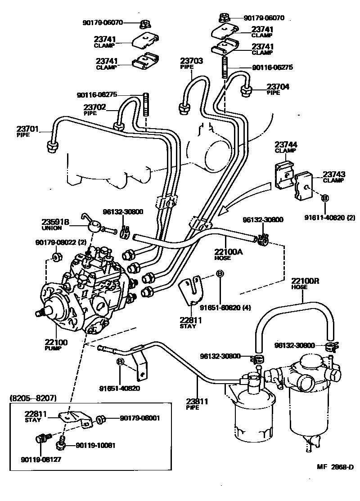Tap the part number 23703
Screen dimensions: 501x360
[192, 61]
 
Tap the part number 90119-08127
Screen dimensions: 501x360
[40, 459]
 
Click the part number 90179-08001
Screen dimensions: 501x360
[139, 418]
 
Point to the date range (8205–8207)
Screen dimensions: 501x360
[32, 398]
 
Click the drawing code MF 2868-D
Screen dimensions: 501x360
[331, 467]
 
